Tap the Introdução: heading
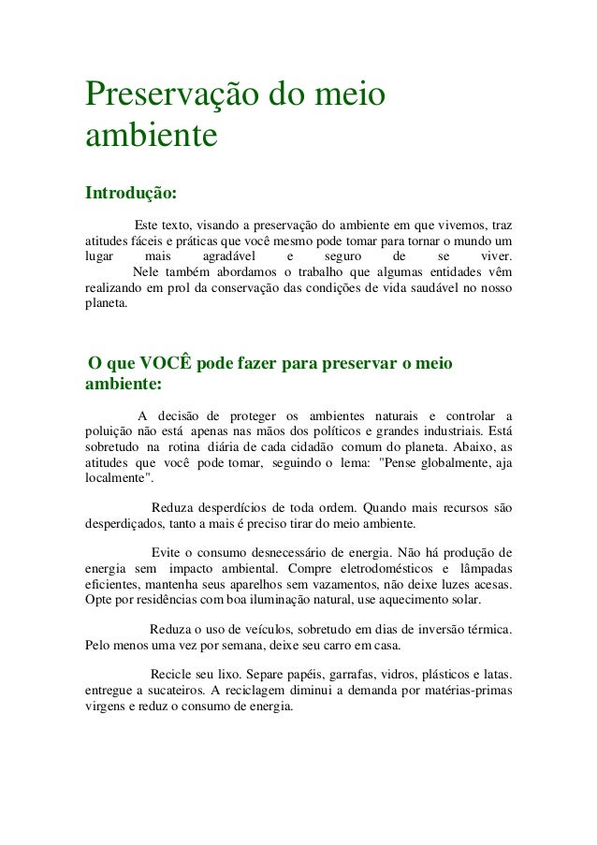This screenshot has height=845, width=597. pos(130,194)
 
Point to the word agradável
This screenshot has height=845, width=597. pos(230,255)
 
